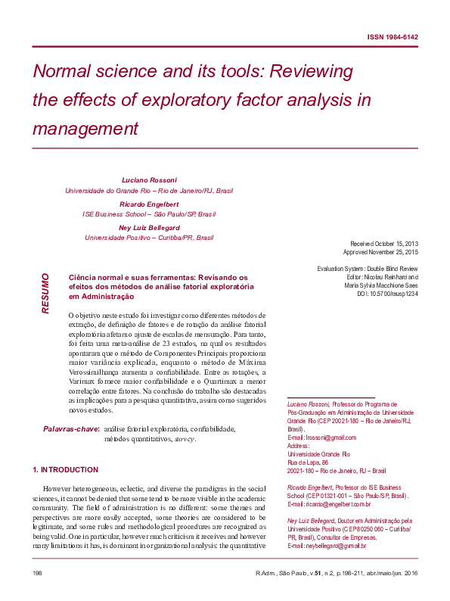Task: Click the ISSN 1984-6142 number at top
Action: (x=393, y=37)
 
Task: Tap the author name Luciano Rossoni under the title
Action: (x=149, y=180)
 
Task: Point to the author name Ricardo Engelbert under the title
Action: (x=149, y=204)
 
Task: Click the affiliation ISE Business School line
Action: (x=149, y=214)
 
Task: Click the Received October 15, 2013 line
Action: (x=380, y=243)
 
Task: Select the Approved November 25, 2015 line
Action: (x=380, y=252)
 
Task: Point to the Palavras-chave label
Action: (x=71, y=429)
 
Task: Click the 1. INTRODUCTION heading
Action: (x=67, y=469)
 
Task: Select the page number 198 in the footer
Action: (x=37, y=573)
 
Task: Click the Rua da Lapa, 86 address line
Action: (x=308, y=462)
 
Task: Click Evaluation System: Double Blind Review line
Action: (x=367, y=269)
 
